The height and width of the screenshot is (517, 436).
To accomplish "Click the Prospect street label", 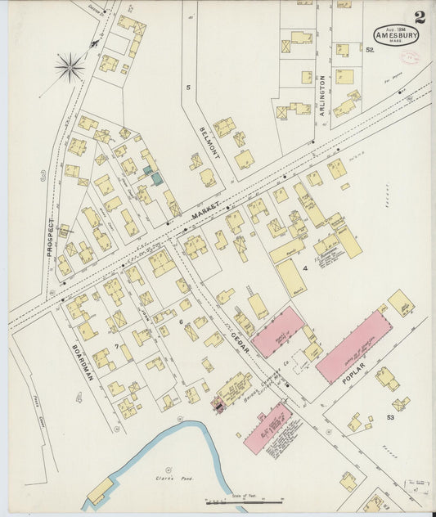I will click(51, 237).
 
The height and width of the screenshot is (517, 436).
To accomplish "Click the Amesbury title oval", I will click(397, 36).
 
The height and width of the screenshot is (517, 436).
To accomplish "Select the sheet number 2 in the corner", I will click(419, 16).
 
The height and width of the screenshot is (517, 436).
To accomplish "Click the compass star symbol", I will click(70, 65).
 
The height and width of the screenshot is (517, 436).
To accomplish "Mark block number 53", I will click(390, 418).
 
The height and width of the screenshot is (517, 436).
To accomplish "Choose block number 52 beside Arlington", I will click(370, 50).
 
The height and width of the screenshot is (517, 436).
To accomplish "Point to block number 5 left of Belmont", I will click(187, 87).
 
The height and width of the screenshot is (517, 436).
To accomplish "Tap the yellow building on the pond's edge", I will click(101, 491).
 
